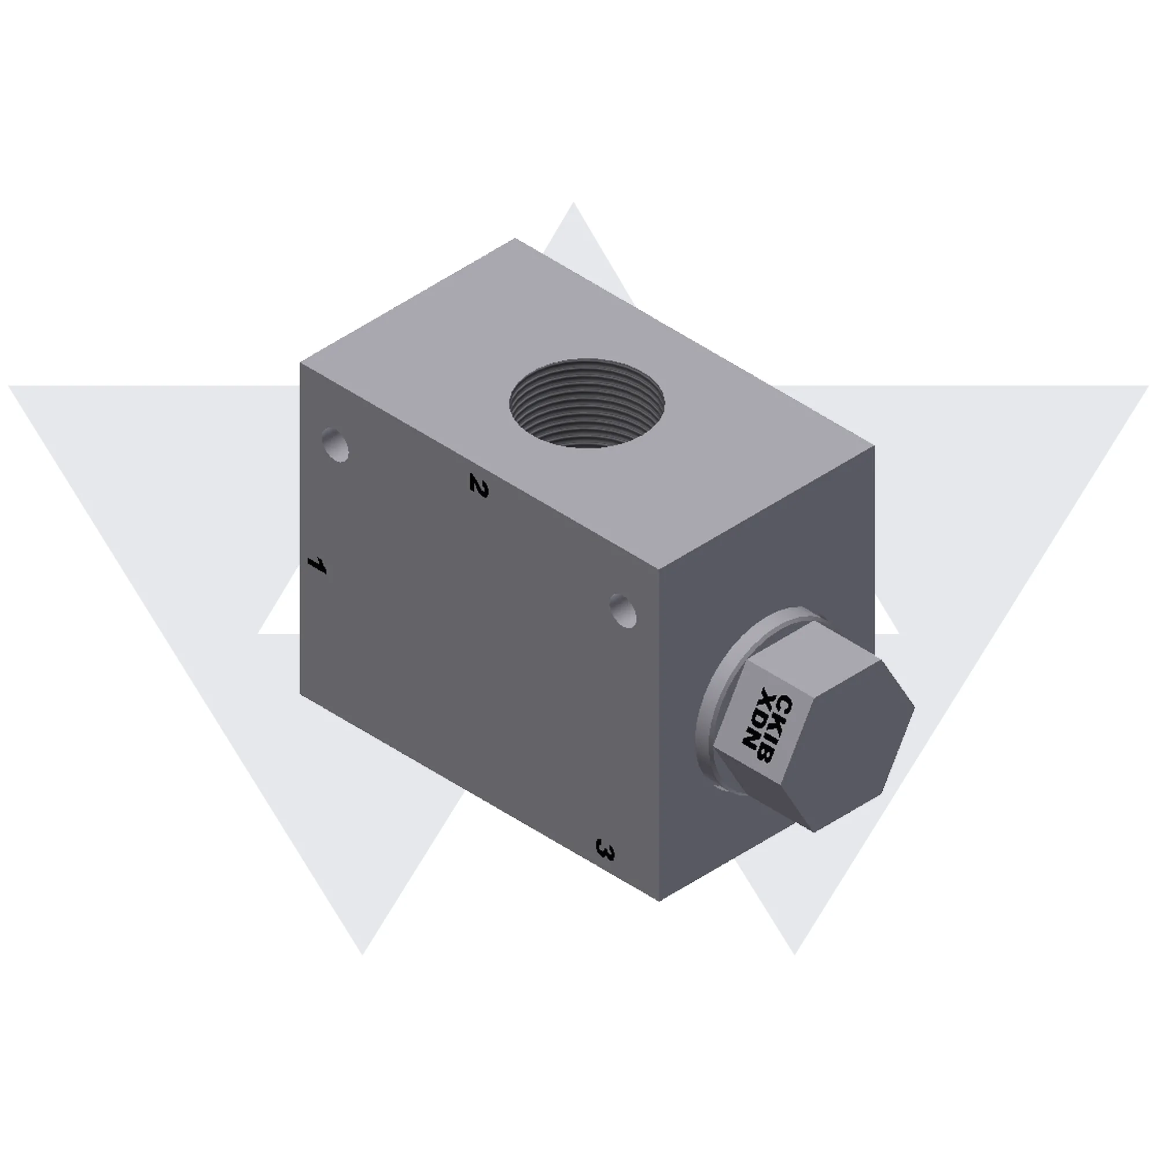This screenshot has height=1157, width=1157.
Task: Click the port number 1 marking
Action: (x=316, y=565)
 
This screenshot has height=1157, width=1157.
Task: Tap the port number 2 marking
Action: (x=478, y=485)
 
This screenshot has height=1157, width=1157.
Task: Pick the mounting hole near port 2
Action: (x=336, y=444)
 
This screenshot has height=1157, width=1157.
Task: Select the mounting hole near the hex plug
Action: (x=624, y=611)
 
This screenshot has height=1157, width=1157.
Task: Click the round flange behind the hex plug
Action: (x=710, y=713)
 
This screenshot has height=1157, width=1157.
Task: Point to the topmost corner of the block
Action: (x=515, y=238)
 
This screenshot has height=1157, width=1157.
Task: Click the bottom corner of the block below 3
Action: (x=659, y=900)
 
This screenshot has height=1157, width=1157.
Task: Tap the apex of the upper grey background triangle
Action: (x=573, y=203)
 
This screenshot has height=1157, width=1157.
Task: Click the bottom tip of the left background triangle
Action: (x=362, y=955)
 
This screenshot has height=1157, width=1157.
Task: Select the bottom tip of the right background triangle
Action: (x=795, y=955)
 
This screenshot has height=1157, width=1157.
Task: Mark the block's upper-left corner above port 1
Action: (x=300, y=363)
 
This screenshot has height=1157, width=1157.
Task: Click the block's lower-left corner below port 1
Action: (x=300, y=695)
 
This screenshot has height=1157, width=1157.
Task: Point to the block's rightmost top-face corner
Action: (x=874, y=446)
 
